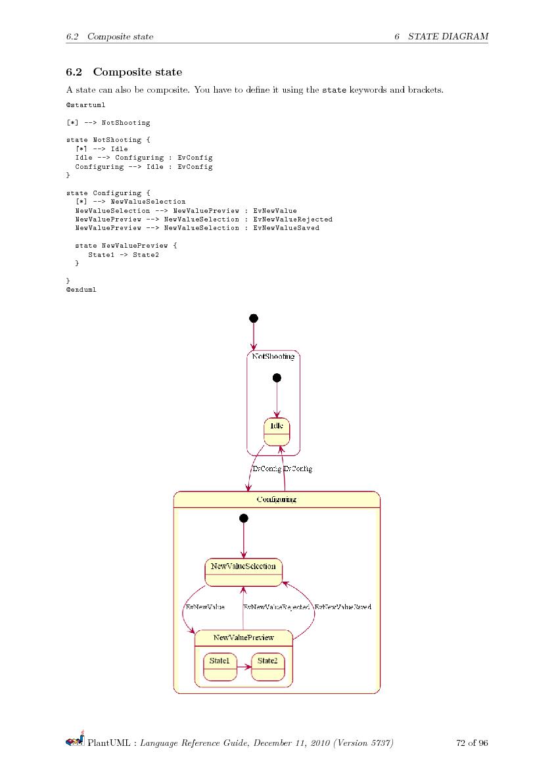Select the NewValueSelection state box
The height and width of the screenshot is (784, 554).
point(243,572)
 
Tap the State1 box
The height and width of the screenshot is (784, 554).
point(220,666)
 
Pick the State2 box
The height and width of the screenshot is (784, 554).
point(267,666)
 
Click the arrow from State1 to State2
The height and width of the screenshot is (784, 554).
point(244,667)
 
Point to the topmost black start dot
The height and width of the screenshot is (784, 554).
point(254,318)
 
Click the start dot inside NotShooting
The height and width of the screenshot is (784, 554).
point(277,378)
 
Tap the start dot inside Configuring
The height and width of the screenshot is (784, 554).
point(244,518)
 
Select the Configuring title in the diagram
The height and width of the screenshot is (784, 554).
point(276,499)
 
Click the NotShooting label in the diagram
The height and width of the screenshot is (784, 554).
point(273,356)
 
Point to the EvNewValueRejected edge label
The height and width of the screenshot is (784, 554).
point(276,607)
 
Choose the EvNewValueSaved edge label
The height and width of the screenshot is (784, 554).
point(342,607)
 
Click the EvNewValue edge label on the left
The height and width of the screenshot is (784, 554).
point(205,607)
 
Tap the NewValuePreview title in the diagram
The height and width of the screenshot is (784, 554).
point(243,637)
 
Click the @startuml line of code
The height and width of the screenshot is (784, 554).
point(81,104)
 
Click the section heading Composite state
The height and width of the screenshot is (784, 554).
point(137,72)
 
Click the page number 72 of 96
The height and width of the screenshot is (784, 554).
point(472,743)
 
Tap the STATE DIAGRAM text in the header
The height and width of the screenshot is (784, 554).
point(448,36)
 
